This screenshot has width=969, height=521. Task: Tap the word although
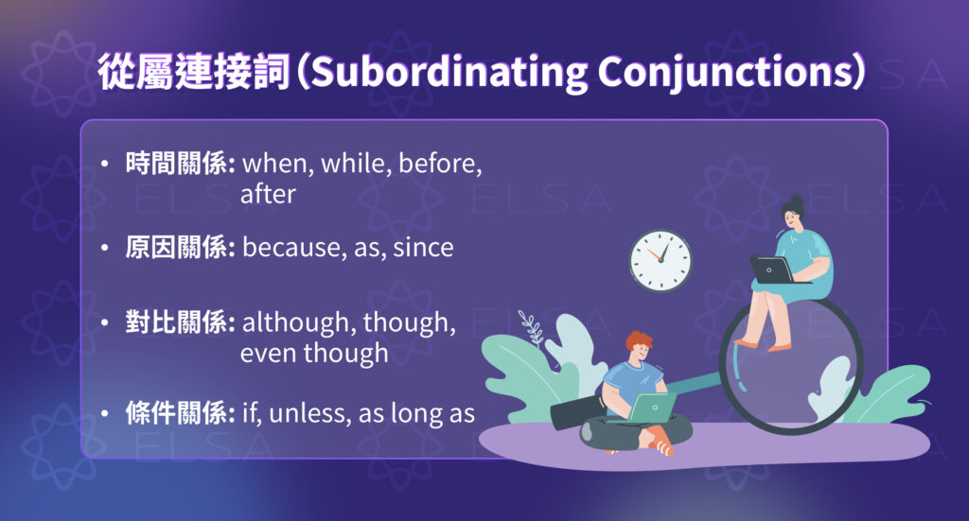pyautogui.click(x=292, y=322)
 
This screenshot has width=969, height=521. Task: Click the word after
pyautogui.click(x=268, y=195)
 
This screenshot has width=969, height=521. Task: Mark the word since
pyautogui.click(x=423, y=248)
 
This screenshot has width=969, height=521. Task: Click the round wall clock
pyautogui.click(x=661, y=261)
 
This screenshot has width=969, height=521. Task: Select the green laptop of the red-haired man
pyautogui.click(x=653, y=408)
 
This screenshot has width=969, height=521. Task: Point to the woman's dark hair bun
pyautogui.click(x=793, y=201)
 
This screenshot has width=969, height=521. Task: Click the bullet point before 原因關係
pyautogui.click(x=104, y=248)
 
